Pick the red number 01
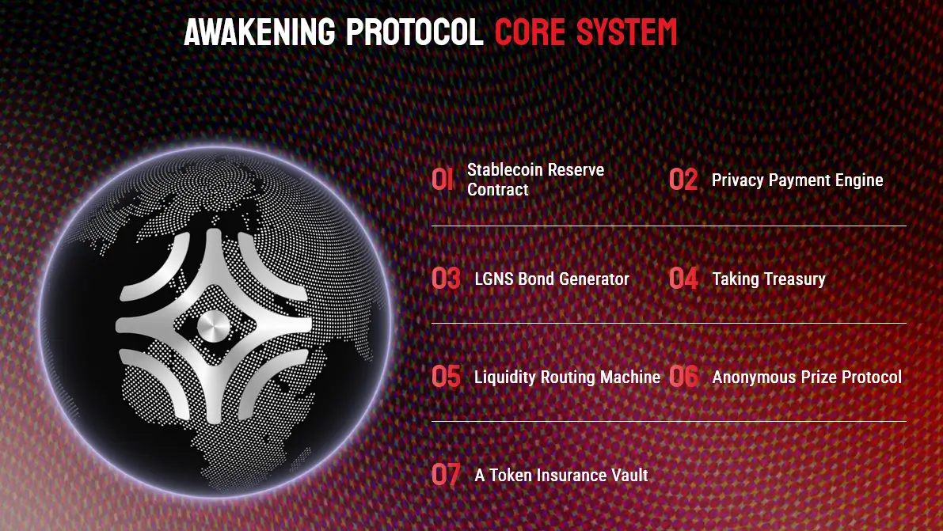[x=443, y=180]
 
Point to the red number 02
[x=683, y=180]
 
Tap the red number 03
[x=446, y=279]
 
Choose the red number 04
[x=683, y=279]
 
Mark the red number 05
[x=446, y=377]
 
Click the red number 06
[x=684, y=377]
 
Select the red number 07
[x=446, y=475]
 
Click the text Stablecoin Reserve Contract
[x=534, y=180]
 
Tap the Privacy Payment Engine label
[x=797, y=180]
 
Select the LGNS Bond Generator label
[x=551, y=279]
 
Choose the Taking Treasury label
[x=768, y=279]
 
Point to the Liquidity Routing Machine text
[x=567, y=377]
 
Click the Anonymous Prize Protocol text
[x=806, y=377]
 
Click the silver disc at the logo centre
[x=215, y=326]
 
